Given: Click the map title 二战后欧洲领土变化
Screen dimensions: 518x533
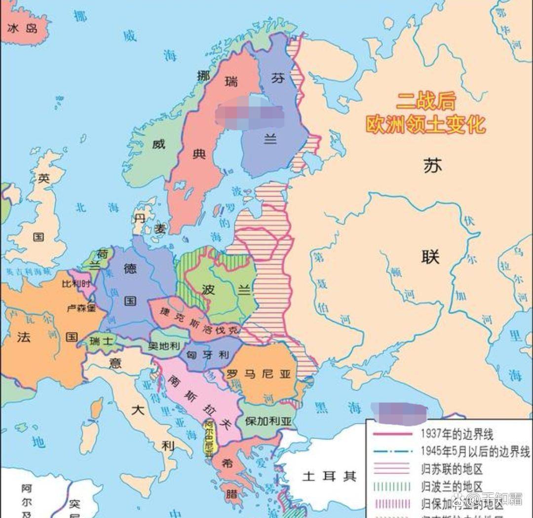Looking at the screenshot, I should (x=425, y=113).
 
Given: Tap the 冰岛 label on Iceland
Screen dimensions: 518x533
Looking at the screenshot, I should (x=22, y=28).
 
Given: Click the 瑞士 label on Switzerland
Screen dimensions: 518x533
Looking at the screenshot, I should (x=98, y=340).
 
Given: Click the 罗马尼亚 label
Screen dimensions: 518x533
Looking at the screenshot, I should (x=258, y=374).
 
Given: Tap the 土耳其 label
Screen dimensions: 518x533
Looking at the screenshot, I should (x=329, y=476).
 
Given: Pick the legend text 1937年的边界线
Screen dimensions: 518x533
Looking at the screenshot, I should (x=457, y=435).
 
